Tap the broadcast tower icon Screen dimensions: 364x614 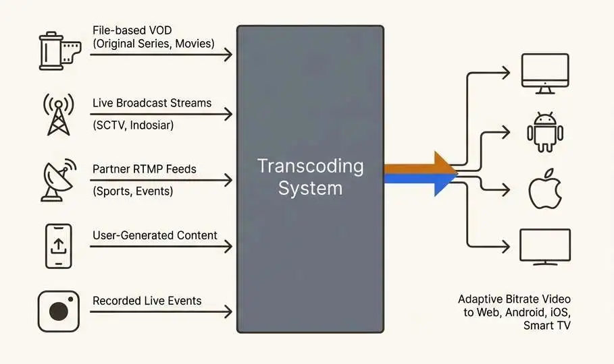tap(58, 115)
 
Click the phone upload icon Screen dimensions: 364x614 tap(58, 246)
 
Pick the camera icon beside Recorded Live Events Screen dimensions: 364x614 tap(58, 311)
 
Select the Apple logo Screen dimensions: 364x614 tap(545, 189)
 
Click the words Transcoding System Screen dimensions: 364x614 tap(310, 177)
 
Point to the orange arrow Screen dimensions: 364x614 tap(419, 164)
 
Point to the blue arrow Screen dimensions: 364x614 tap(419, 181)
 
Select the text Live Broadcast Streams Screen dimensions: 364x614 tap(152, 103)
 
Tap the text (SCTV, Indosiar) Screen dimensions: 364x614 tap(138, 125)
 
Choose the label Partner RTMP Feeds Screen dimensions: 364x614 tap(145, 169)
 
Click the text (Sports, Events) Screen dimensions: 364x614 tap(133, 191)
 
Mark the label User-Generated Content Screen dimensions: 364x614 tap(155, 235)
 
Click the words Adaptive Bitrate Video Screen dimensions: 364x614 tap(514, 299)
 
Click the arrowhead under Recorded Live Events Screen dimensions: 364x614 tap(228, 311)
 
